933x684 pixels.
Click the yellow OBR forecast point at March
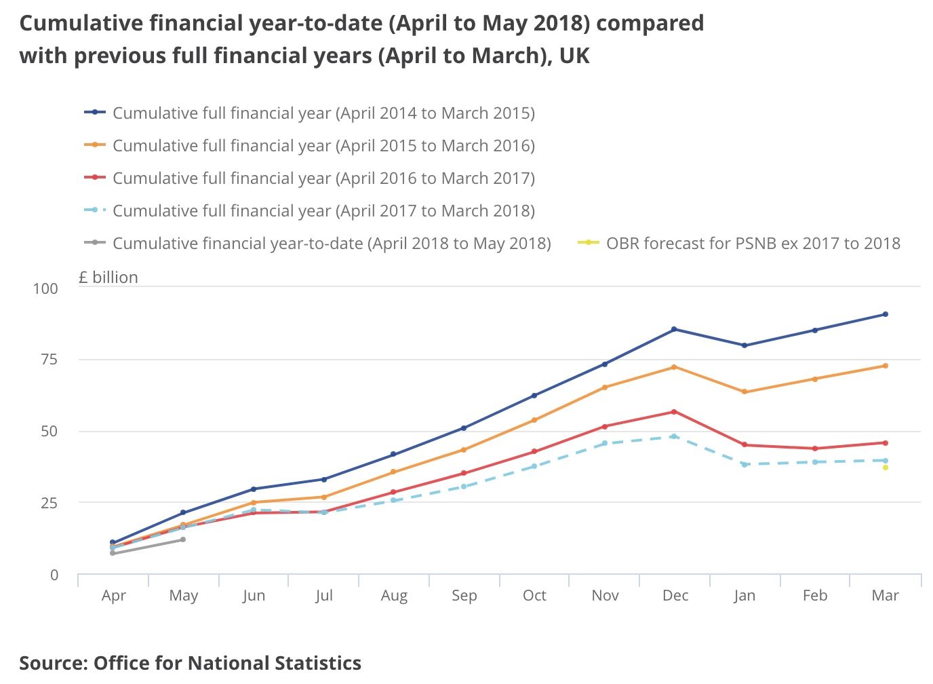pos(885,468)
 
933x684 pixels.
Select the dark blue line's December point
pos(673,329)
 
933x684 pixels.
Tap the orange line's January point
pos(745,392)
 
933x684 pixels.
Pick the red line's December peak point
pos(673,412)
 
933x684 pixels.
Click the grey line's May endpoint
pos(183,539)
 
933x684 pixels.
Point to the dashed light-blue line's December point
pos(673,436)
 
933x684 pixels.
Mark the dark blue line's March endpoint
pos(885,314)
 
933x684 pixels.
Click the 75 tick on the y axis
pos(45,360)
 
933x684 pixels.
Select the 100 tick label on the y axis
pos(45,288)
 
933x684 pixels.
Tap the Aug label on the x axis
pos(394,595)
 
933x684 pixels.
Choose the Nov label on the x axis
pos(605,595)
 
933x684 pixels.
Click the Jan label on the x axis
pos(745,595)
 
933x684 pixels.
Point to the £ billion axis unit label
pos(108,278)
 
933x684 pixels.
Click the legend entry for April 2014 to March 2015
pos(323,113)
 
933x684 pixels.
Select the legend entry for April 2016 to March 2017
pos(323,178)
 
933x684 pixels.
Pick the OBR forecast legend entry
pos(753,243)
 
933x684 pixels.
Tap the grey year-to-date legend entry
pos(331,243)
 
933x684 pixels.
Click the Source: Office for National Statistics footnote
pos(190,662)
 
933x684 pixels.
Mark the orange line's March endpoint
pos(885,366)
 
